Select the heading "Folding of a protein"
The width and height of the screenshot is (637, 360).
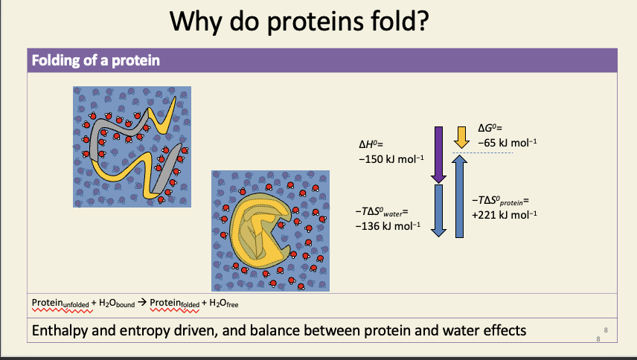95,60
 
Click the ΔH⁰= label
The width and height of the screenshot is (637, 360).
371,144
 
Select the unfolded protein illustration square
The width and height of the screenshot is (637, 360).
132,146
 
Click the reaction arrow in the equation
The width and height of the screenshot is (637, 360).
142,303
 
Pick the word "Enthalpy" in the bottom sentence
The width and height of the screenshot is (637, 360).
63,330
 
